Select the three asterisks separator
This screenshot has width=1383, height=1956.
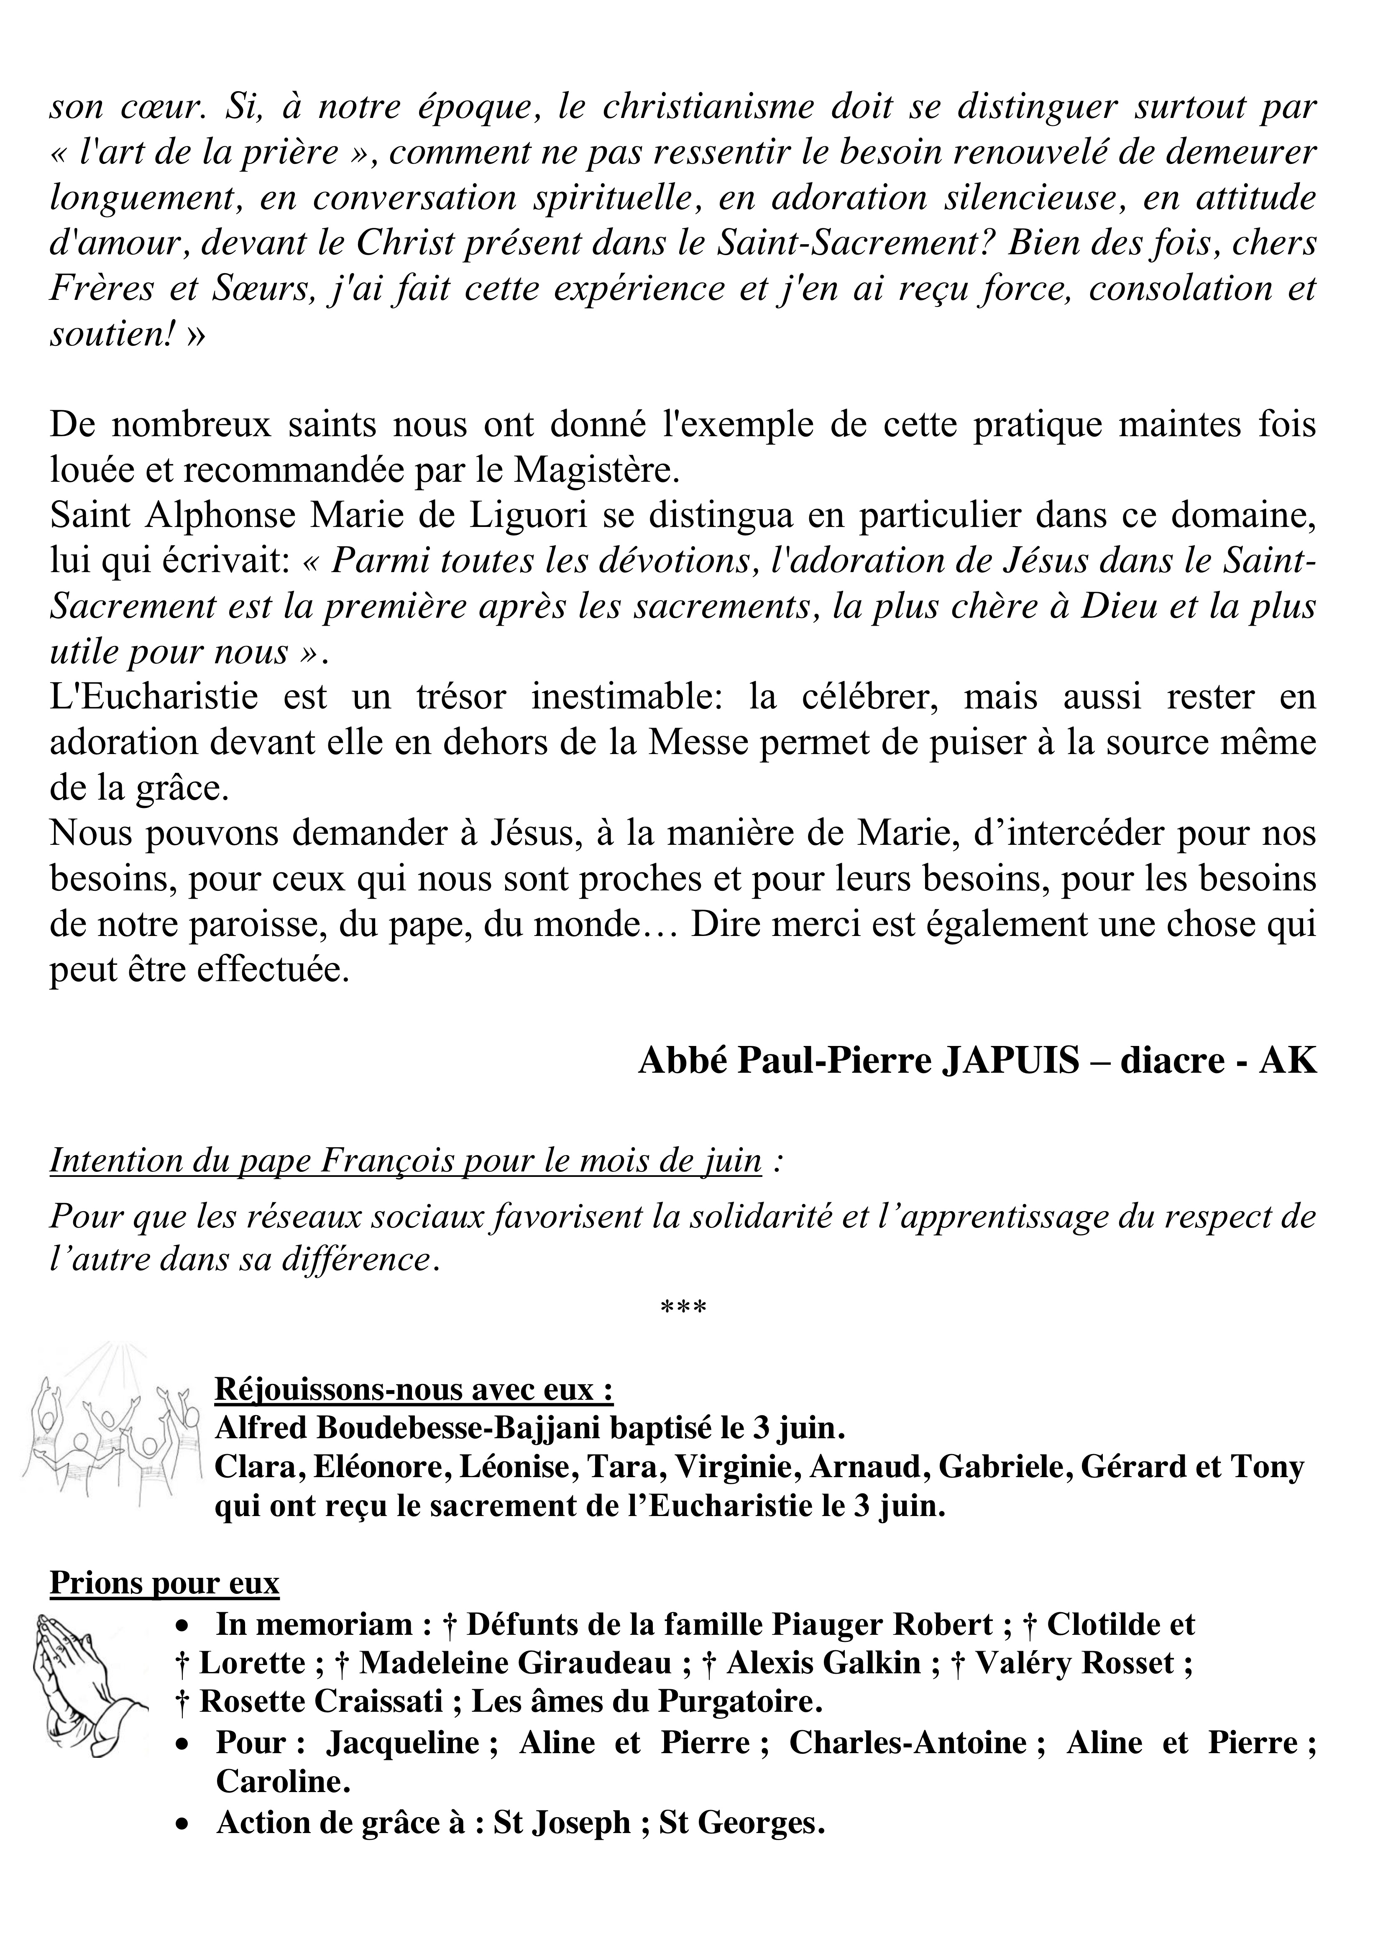coord(683,1308)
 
